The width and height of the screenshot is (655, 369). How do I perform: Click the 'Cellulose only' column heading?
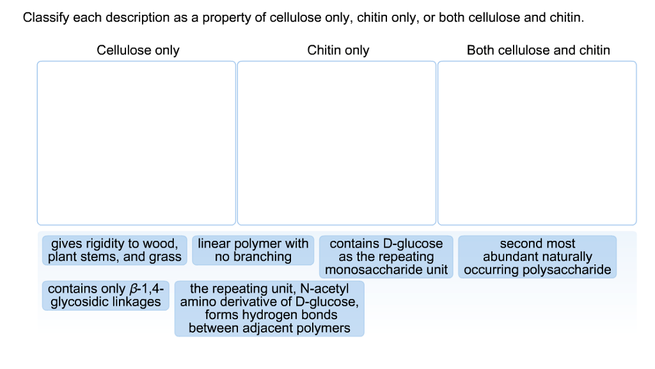(138, 50)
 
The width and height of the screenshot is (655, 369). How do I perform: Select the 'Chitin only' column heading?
(338, 50)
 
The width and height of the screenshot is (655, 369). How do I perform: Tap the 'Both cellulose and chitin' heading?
(538, 50)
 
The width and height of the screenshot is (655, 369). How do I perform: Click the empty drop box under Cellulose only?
(136, 143)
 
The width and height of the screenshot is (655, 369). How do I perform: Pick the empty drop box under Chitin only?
(336, 143)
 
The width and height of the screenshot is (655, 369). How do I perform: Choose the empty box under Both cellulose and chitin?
(537, 143)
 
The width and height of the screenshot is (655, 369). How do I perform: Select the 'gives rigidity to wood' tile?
(114, 250)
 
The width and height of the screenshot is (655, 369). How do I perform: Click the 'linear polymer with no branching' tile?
(253, 250)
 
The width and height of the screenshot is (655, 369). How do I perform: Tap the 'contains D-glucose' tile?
(386, 257)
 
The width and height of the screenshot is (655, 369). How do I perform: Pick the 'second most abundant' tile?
(537, 257)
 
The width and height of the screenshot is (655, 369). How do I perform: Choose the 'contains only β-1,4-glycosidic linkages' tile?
(106, 296)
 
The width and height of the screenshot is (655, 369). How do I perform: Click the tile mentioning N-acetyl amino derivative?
(269, 308)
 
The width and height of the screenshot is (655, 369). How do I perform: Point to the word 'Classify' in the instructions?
(45, 18)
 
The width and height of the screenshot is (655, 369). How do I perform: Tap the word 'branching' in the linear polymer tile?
(262, 257)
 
